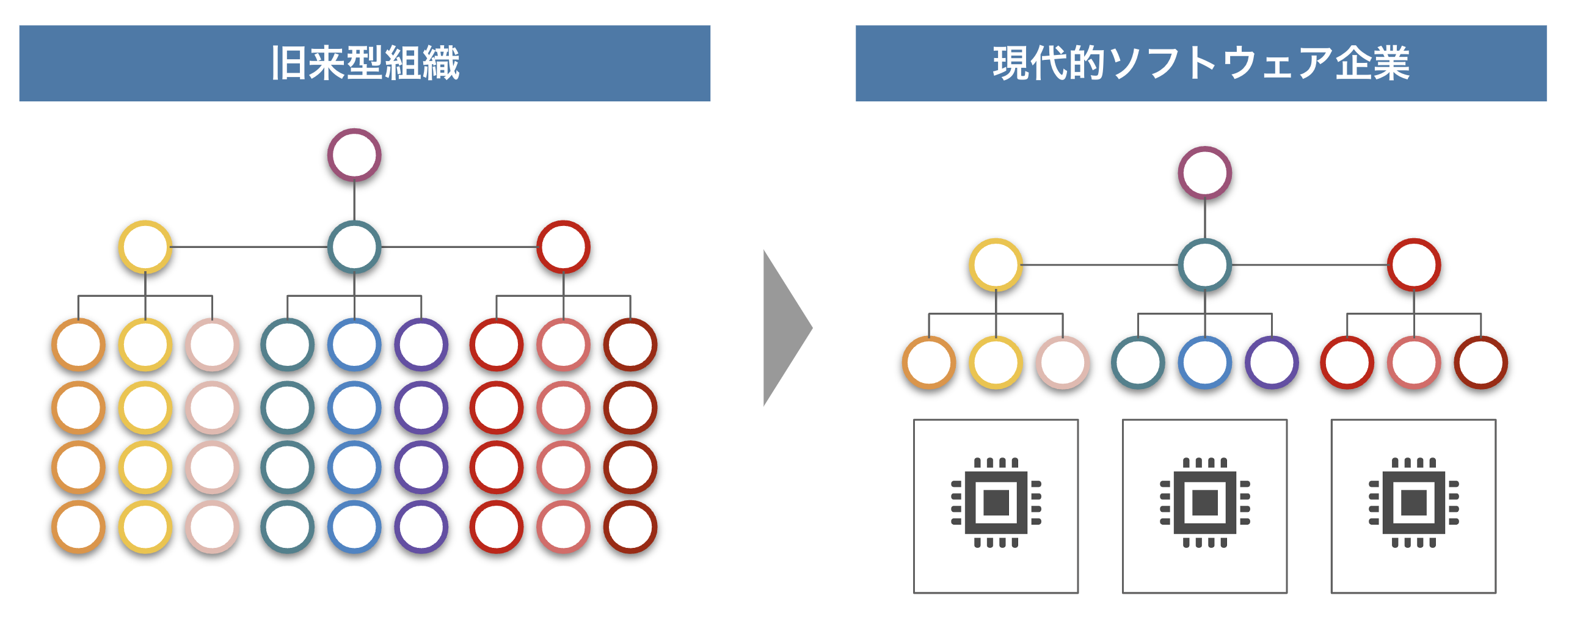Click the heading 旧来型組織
click(x=365, y=63)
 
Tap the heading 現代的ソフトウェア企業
click(x=1201, y=63)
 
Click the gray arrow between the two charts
click(x=786, y=328)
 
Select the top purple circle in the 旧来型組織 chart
click(x=354, y=155)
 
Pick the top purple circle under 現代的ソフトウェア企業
click(x=1204, y=173)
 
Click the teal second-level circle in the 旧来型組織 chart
click(x=354, y=247)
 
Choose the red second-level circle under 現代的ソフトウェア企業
click(x=1413, y=265)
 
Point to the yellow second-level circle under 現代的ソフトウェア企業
click(x=996, y=265)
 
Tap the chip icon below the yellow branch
click(x=996, y=503)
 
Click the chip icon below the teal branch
click(x=1204, y=503)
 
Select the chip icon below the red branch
click(x=1413, y=503)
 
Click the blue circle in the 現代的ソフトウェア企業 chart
click(x=1204, y=362)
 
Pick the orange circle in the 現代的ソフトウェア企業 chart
click(x=929, y=362)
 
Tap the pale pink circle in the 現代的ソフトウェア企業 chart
click(x=1063, y=362)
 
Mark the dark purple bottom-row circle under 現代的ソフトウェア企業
click(x=1272, y=362)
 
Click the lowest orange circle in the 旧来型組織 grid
click(x=78, y=526)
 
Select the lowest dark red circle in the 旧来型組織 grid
click(x=630, y=526)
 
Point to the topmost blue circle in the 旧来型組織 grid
click(x=354, y=344)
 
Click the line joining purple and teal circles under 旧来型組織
click(x=354, y=201)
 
